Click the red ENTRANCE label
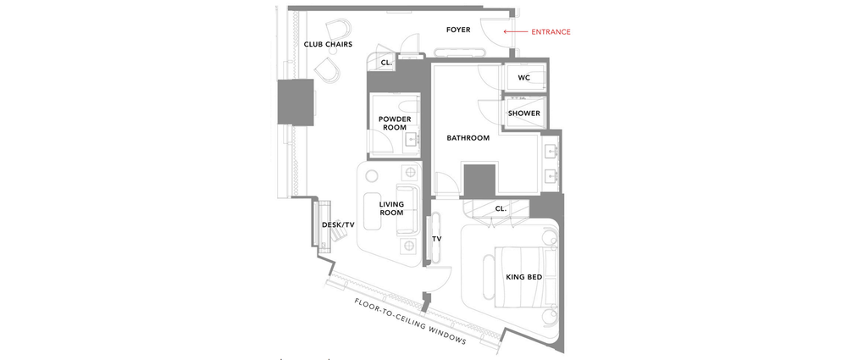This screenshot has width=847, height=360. (x=551, y=31)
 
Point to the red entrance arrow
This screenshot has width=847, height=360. (x=514, y=31)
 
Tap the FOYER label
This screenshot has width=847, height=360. (x=458, y=30)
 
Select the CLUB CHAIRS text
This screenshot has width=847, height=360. (x=328, y=44)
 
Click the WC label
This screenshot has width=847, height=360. (x=523, y=77)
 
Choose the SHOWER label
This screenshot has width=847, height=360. (x=523, y=113)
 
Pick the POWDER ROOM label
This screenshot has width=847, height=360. (x=394, y=123)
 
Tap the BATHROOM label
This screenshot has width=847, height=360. (x=468, y=137)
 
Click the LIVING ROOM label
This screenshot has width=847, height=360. (x=391, y=208)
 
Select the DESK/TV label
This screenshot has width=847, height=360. (x=338, y=224)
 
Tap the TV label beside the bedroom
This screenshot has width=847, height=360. (x=437, y=239)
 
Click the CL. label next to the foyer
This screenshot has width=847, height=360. (x=386, y=63)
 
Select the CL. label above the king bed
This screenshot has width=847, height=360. (x=500, y=208)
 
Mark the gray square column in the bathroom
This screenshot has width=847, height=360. (x=479, y=180)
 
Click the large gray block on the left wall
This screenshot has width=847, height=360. (x=296, y=101)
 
